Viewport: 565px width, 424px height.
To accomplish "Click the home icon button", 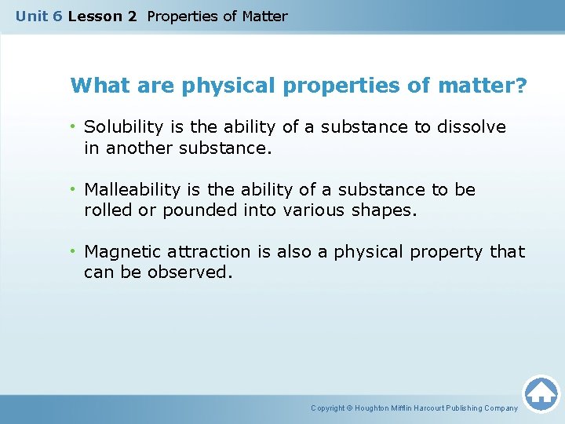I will coord(541,393).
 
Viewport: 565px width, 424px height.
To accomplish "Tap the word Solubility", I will coord(121,127).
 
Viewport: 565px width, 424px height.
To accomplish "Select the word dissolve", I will coord(472,127).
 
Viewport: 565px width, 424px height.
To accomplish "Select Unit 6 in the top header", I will coord(39,16).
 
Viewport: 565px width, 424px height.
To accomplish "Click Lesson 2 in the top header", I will coord(102,16).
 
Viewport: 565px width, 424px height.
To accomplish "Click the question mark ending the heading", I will coord(523,86).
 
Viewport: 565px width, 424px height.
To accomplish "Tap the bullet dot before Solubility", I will coord(73,127).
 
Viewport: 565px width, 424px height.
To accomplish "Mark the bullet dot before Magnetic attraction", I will coord(73,252).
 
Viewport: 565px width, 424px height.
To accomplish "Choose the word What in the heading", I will coord(93,86).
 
